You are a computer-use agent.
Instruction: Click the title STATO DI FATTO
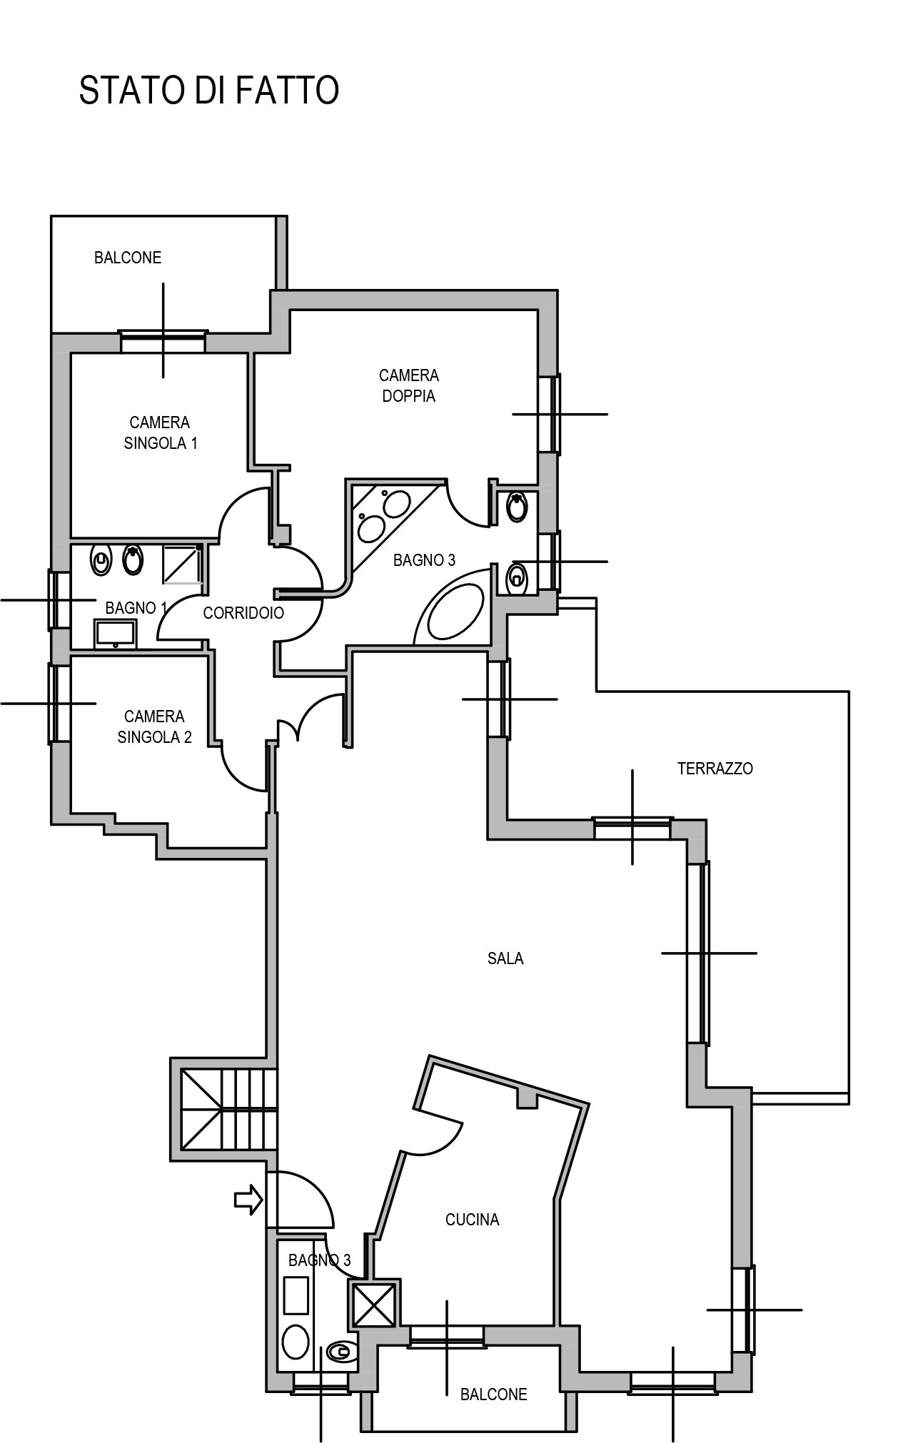(x=208, y=91)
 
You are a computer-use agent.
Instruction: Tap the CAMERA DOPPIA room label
(x=409, y=385)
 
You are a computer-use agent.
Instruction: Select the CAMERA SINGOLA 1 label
(x=160, y=433)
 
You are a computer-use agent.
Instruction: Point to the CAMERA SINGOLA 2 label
(x=154, y=726)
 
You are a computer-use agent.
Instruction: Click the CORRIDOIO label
(x=243, y=612)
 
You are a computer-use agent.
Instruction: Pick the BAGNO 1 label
(x=136, y=608)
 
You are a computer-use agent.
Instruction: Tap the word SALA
(x=505, y=958)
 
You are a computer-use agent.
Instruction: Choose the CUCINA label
(x=472, y=1220)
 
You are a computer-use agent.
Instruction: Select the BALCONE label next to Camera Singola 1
(x=128, y=258)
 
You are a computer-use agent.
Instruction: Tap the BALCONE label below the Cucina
(x=493, y=1394)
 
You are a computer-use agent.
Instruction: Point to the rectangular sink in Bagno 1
(x=116, y=633)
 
